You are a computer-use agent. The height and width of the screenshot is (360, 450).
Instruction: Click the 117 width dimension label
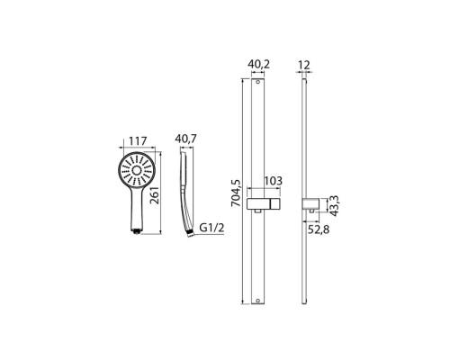click(x=138, y=141)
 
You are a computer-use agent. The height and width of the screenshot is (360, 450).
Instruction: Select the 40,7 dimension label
click(x=185, y=139)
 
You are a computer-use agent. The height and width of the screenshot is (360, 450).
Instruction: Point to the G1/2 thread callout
click(x=211, y=228)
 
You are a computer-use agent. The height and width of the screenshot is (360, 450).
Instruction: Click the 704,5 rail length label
click(x=236, y=193)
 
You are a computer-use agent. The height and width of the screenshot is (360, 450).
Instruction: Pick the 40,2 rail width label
click(x=258, y=65)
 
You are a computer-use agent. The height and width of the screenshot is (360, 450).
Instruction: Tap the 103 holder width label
click(x=273, y=181)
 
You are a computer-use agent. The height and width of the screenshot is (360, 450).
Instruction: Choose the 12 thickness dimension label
click(x=304, y=65)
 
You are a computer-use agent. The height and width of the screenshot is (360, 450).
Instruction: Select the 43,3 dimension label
click(x=334, y=205)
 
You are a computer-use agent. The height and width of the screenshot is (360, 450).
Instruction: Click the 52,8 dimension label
click(x=319, y=229)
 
